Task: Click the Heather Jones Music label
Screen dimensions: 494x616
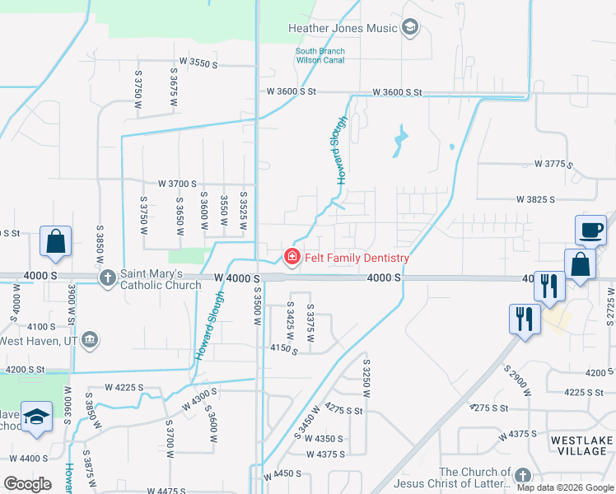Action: pyautogui.click(x=343, y=29)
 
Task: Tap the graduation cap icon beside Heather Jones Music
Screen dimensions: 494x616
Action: pyautogui.click(x=410, y=29)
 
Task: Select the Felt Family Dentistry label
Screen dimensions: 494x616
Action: pyautogui.click(x=357, y=258)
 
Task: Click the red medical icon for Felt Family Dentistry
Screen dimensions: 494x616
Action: pyautogui.click(x=292, y=258)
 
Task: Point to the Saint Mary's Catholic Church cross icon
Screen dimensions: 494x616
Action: pyautogui.click(x=108, y=278)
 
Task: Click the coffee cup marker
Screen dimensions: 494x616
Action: pyautogui.click(x=590, y=230)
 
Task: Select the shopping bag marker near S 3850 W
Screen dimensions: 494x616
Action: pyautogui.click(x=55, y=242)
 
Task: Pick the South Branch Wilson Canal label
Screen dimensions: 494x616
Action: pyautogui.click(x=320, y=56)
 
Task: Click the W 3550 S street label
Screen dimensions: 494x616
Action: pyautogui.click(x=198, y=63)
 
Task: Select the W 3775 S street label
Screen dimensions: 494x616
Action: pyautogui.click(x=553, y=164)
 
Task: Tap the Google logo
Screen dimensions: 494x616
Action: pyautogui.click(x=28, y=484)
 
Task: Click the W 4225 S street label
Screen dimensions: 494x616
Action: pyautogui.click(x=124, y=387)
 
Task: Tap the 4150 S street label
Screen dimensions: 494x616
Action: pyautogui.click(x=284, y=350)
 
